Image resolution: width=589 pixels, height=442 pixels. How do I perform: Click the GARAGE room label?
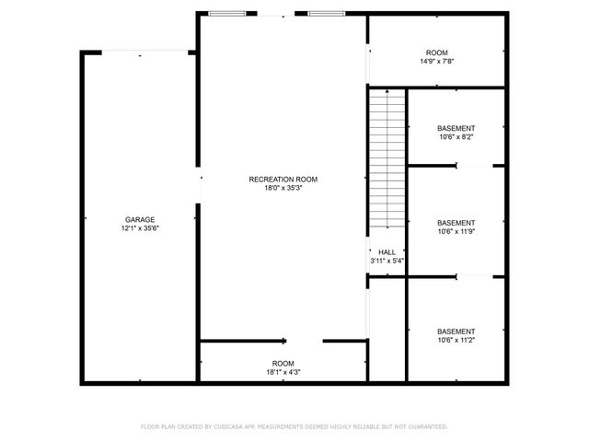point(140,219)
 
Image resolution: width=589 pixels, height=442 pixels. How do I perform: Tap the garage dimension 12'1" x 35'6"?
point(140,228)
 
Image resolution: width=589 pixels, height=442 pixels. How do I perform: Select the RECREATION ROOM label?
point(283,179)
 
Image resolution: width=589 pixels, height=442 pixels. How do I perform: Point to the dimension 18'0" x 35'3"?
point(283,188)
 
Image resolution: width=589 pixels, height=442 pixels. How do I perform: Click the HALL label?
point(387,251)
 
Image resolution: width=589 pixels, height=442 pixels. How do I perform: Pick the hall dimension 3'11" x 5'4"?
point(387,261)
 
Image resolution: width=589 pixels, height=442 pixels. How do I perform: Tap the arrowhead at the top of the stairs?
point(387,91)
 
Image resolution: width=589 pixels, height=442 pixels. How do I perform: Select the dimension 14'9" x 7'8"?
point(436,62)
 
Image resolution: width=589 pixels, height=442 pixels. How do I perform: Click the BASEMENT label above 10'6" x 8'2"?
point(456,128)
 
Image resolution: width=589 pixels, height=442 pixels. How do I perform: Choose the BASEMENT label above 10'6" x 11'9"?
point(456,223)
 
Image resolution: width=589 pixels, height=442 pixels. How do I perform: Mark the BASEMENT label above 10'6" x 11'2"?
point(456,331)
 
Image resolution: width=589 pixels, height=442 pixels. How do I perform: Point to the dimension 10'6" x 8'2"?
point(456,137)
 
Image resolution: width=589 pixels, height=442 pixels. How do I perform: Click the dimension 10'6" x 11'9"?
point(456,232)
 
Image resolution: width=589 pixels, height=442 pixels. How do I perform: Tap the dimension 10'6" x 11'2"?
point(456,341)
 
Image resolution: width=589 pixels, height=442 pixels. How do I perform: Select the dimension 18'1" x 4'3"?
point(283,372)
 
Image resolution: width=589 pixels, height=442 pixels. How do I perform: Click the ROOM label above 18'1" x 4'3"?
point(283,363)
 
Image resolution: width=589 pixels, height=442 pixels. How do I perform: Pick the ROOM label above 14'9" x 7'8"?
point(436,52)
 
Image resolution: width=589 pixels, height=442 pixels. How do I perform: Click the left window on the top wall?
point(227,14)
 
